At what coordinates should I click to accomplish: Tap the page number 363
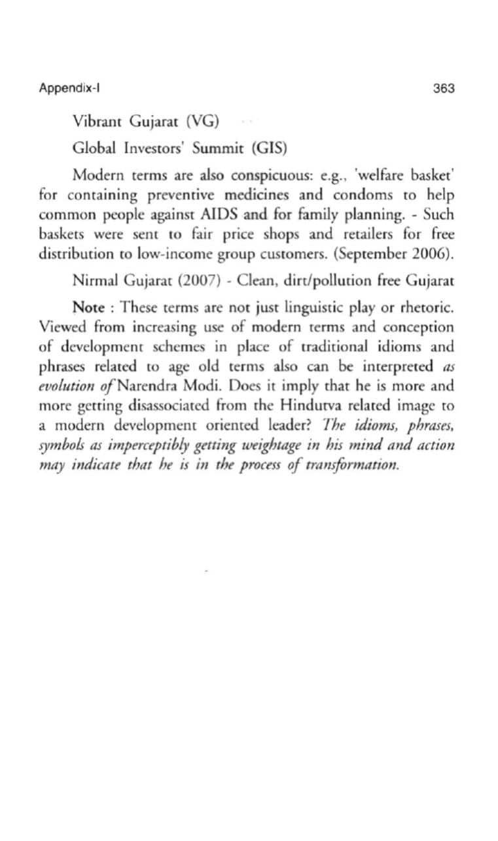[x=444, y=88]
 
